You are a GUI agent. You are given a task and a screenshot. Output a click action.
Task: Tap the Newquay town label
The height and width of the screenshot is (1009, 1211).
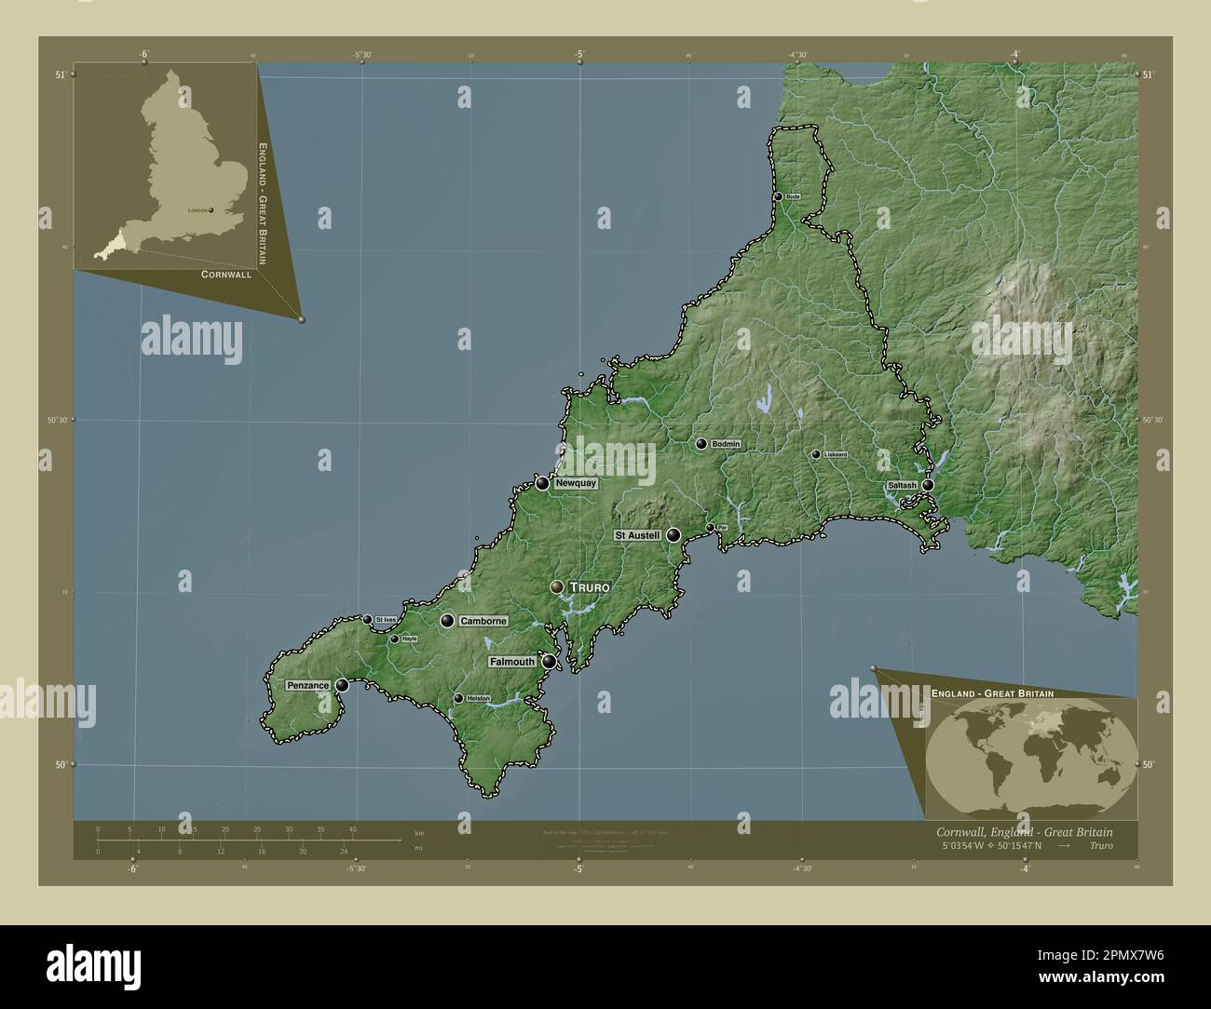[575, 484]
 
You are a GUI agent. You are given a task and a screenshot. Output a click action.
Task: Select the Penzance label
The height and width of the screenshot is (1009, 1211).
[308, 686]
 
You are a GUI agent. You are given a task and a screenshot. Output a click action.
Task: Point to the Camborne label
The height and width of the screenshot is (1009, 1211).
[483, 621]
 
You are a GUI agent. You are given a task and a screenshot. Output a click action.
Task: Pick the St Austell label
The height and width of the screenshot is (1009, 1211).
[637, 535]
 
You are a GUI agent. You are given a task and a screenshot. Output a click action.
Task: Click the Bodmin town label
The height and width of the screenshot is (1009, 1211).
[726, 445]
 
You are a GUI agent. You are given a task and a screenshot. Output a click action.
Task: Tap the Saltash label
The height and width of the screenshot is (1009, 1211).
[902, 486]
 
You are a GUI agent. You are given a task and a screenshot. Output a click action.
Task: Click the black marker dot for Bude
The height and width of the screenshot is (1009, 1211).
[778, 196]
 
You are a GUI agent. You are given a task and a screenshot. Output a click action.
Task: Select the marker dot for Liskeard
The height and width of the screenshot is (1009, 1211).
[815, 454]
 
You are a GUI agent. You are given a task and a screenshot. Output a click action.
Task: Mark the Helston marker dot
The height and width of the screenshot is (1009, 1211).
[457, 698]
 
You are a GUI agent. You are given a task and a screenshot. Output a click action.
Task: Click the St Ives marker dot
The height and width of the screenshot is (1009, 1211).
[367, 619]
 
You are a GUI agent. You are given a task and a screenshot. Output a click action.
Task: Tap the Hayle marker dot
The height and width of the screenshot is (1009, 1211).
[394, 639]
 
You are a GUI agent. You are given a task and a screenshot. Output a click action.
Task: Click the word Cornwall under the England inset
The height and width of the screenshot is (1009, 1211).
[225, 275]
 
